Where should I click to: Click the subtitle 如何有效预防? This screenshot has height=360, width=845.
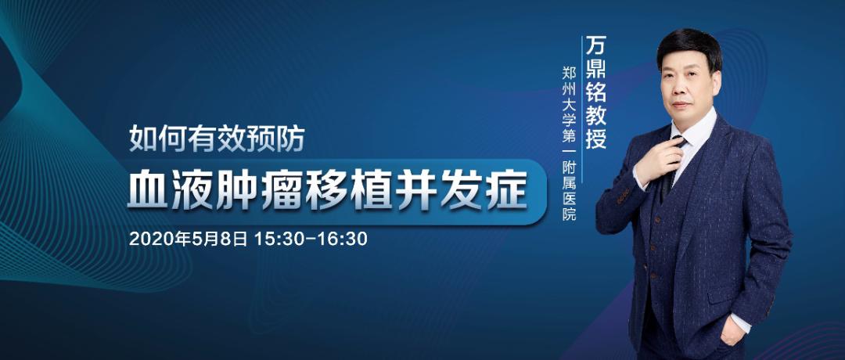[x=217, y=139]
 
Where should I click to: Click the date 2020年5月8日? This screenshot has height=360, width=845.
[x=188, y=237]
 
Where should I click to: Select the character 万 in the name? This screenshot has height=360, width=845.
[x=595, y=45]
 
